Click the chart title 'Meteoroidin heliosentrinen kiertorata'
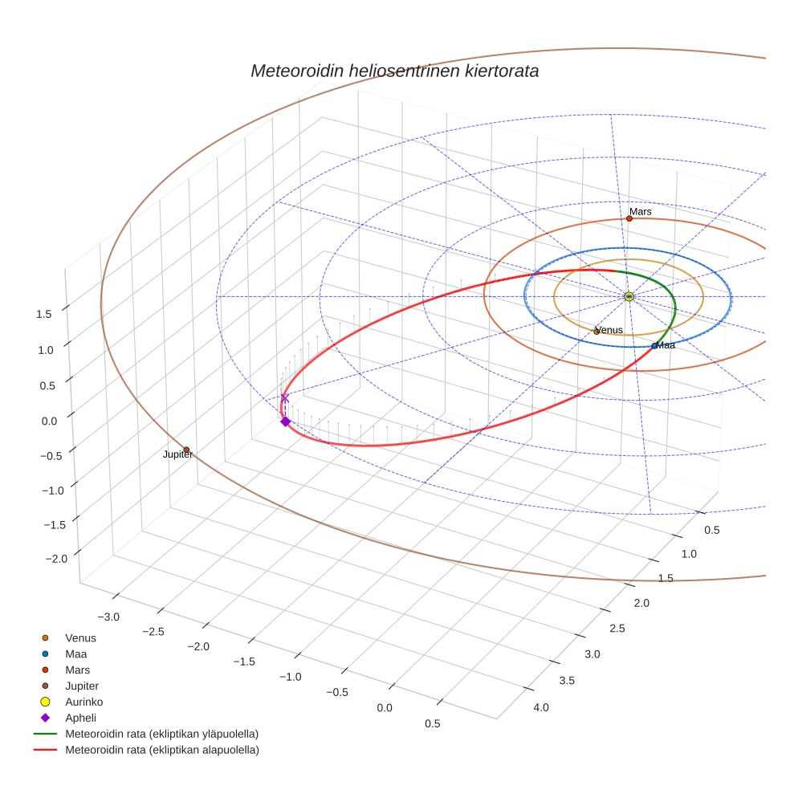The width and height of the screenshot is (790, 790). [x=394, y=71]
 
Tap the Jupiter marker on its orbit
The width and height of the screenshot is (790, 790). [x=186, y=450]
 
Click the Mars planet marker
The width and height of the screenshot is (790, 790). [x=629, y=218]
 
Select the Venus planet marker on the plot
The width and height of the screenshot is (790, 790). [x=597, y=332]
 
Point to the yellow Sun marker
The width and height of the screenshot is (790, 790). [x=629, y=297]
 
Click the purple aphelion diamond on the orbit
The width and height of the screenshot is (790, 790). [x=285, y=421]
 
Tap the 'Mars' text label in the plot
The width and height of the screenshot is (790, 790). [x=640, y=212]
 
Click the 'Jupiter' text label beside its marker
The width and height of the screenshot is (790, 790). [x=177, y=455]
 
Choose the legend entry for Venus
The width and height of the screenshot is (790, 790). [x=80, y=637]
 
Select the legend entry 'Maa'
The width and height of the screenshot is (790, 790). [x=77, y=654]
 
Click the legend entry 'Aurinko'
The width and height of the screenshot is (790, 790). [x=83, y=702]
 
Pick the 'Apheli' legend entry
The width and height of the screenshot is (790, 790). [x=80, y=718]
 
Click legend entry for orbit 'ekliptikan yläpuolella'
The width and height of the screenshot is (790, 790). [x=161, y=734]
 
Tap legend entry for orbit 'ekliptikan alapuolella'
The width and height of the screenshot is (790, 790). [x=161, y=750]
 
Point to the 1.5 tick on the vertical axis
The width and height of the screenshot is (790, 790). [x=44, y=314]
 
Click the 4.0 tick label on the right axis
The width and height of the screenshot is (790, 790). [x=540, y=707]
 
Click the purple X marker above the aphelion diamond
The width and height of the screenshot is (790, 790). [x=284, y=397]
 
